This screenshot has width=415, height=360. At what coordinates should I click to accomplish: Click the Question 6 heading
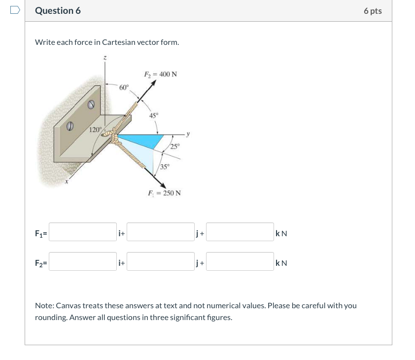pyautogui.click(x=58, y=11)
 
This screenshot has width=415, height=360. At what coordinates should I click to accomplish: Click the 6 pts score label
pyautogui.click(x=373, y=11)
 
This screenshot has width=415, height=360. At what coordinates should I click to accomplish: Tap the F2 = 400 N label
pyautogui.click(x=160, y=74)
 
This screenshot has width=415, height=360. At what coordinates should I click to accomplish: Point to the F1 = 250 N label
pyautogui.click(x=164, y=193)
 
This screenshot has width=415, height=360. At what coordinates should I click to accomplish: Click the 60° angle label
pyautogui.click(x=124, y=87)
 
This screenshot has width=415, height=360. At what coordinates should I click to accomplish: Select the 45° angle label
pyautogui.click(x=154, y=115)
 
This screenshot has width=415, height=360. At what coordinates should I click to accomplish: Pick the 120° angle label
pyautogui.click(x=96, y=130)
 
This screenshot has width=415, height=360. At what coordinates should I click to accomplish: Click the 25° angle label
pyautogui.click(x=175, y=146)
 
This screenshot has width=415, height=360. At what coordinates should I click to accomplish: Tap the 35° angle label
pyautogui.click(x=165, y=166)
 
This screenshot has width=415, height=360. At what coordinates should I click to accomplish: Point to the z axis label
pyautogui.click(x=104, y=58)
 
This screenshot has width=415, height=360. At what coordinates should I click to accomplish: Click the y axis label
pyautogui.click(x=188, y=133)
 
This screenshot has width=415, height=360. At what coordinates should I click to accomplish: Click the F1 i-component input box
pyautogui.click(x=83, y=232)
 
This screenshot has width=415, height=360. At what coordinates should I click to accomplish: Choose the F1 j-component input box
pyautogui.click(x=161, y=232)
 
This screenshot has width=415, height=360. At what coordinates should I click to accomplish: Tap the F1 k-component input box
pyautogui.click(x=240, y=232)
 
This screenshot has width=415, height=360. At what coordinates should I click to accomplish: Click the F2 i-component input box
pyautogui.click(x=83, y=262)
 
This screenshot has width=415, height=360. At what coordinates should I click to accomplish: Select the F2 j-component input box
pyautogui.click(x=161, y=262)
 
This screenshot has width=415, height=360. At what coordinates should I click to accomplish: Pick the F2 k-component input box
pyautogui.click(x=240, y=262)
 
